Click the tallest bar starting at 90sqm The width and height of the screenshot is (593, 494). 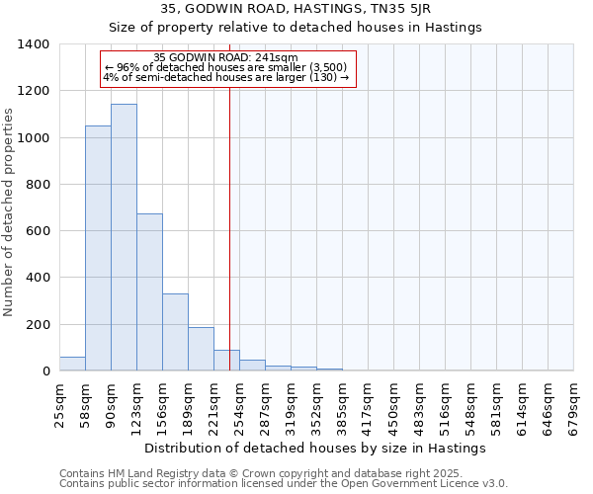124,237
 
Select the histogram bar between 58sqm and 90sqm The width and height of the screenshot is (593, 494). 98,248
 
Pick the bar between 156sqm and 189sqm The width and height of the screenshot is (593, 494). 175,332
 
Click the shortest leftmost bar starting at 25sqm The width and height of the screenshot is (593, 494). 72,364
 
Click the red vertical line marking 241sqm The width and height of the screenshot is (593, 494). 229,217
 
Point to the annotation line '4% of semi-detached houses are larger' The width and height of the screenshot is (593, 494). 226,77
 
